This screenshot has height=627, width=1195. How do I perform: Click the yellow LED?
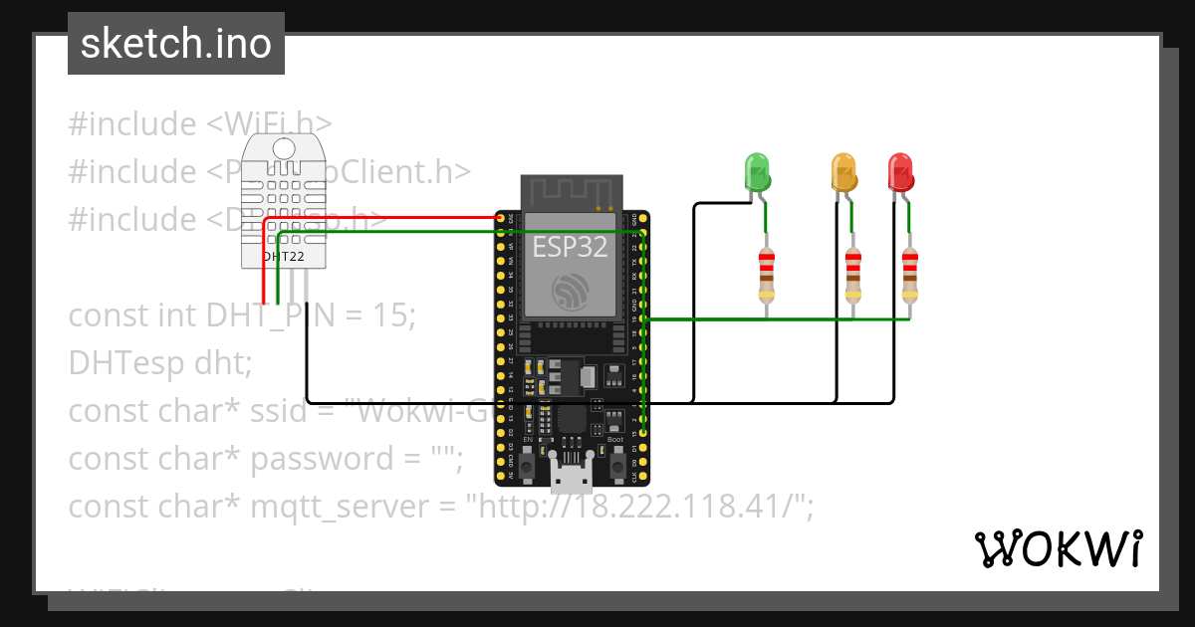843,171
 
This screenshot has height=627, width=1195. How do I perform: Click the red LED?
900,171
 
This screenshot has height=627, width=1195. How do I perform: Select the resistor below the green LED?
766,276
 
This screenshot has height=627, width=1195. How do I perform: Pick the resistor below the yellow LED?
852,276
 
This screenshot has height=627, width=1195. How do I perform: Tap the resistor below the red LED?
909,276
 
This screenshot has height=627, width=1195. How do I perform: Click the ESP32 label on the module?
570,247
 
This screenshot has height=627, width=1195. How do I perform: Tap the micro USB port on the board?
572,479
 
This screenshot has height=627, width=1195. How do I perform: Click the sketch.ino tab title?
176,44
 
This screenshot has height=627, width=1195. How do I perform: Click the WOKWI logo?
1058,548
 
